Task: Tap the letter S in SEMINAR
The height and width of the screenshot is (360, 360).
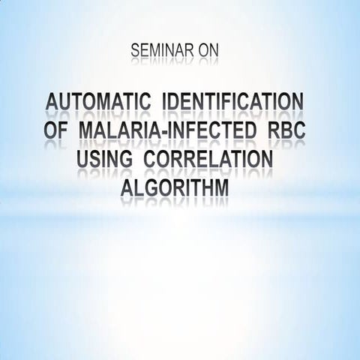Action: point(136,51)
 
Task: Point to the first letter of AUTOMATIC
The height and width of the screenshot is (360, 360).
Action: point(53,103)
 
